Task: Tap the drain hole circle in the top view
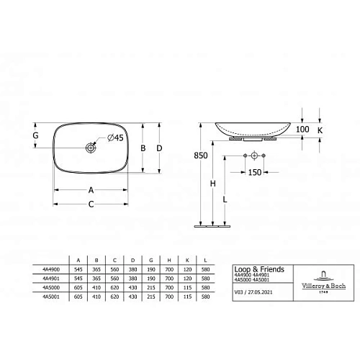pyautogui.click(x=91, y=148)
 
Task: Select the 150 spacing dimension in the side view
pyautogui.click(x=255, y=172)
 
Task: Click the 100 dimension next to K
pyautogui.click(x=302, y=129)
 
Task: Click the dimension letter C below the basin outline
pyautogui.click(x=91, y=204)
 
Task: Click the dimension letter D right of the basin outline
pyautogui.click(x=160, y=148)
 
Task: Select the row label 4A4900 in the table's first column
pyautogui.click(x=51, y=269)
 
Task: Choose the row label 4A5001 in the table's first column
pyautogui.click(x=51, y=295)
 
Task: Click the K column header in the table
pyautogui.click(x=187, y=260)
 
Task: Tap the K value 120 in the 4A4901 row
pyautogui.click(x=187, y=278)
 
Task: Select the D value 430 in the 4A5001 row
pyautogui.click(x=132, y=295)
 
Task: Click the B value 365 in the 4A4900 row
pyautogui.click(x=96, y=269)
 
